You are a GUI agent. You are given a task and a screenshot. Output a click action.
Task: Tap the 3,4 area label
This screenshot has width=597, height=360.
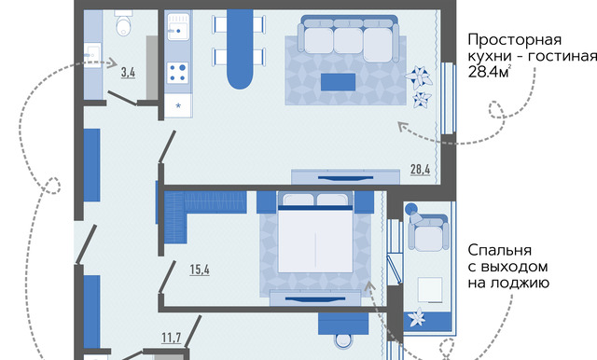pyautogui.click(x=129, y=72)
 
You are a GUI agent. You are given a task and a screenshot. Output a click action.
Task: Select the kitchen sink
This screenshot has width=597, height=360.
pyautogui.click(x=178, y=27)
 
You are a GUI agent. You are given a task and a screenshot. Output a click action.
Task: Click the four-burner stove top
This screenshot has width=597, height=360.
pyautogui.click(x=178, y=73)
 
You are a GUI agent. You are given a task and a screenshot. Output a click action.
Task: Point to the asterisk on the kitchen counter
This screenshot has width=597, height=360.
pyautogui.click(x=178, y=105)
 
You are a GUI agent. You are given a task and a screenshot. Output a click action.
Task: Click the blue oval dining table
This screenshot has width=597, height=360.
pyautogui.click(x=240, y=48)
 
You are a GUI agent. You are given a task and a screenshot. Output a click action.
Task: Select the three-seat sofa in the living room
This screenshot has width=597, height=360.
pyautogui.click(x=348, y=39)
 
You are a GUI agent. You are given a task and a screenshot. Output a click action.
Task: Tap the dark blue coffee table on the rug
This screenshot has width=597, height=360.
pyautogui.click(x=338, y=82)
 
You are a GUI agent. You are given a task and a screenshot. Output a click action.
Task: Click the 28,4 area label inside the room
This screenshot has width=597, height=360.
pyautogui.click(x=421, y=169)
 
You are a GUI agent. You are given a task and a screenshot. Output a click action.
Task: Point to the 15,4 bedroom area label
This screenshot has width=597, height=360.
pyautogui.click(x=200, y=270)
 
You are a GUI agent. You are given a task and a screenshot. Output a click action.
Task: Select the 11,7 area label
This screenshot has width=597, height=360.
pyautogui.click(x=172, y=338)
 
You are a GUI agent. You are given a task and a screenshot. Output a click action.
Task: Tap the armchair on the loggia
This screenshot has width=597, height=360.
pyautogui.click(x=428, y=233)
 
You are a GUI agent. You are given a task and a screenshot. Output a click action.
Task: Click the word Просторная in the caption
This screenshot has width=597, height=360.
pyautogui.click(x=514, y=40)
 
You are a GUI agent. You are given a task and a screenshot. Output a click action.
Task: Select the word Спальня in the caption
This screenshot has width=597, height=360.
pyautogui.click(x=500, y=251)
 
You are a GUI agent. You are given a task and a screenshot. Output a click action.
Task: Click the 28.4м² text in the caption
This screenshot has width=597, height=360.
pyautogui.click(x=489, y=72)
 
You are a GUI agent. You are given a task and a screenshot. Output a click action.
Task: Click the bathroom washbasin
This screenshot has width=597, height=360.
pyautogui.click(x=92, y=56)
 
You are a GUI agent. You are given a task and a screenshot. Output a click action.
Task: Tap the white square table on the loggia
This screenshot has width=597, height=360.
pyautogui.click(x=430, y=290)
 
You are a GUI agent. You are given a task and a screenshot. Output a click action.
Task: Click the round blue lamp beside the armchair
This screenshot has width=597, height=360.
pyautogui.click(x=410, y=209)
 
